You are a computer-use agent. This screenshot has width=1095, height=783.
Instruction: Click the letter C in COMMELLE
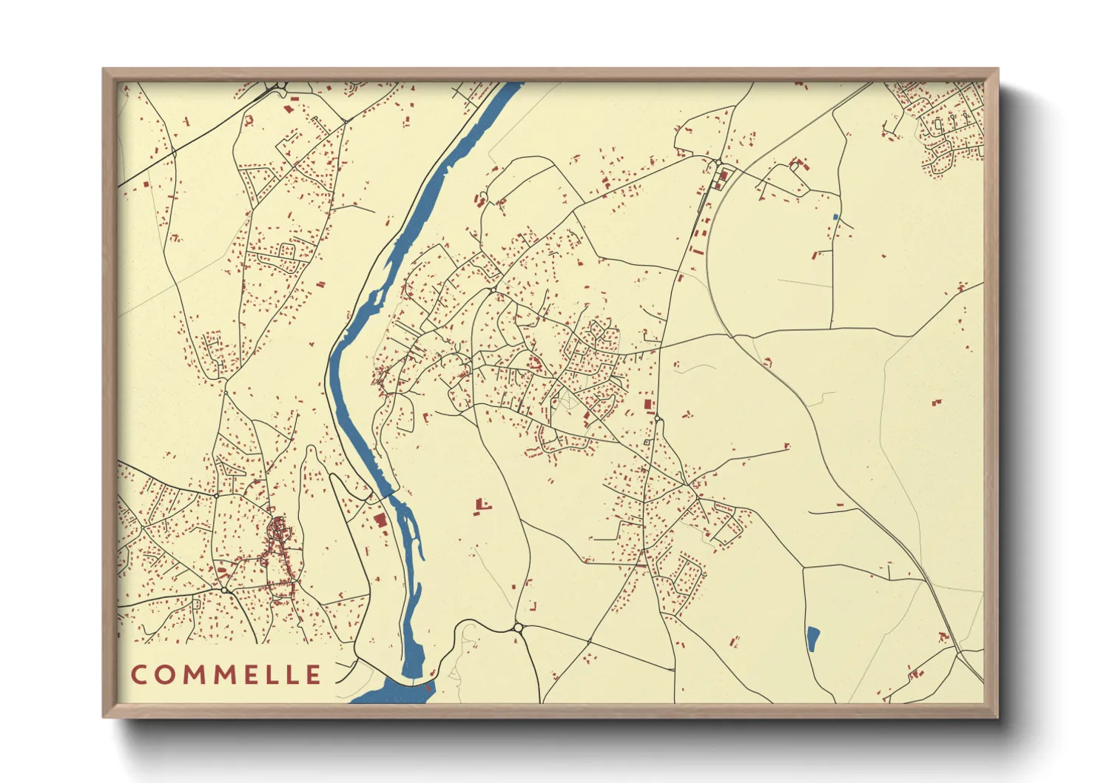(138, 675)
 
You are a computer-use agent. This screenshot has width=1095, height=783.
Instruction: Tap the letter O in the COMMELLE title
(164, 675)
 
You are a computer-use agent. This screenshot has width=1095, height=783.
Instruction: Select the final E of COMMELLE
(313, 675)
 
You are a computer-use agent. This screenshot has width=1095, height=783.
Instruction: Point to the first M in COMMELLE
(193, 675)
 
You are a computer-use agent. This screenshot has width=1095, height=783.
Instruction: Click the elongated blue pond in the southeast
(812, 639)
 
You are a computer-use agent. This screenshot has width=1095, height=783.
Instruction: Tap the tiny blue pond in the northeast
(836, 217)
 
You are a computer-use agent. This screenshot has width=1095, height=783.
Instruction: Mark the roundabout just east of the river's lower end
(518, 628)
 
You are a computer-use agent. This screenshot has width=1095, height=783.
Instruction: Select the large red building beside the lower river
(380, 520)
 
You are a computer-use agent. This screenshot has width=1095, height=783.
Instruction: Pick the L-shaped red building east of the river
(482, 505)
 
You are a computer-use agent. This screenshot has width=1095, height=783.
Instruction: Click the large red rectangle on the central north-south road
(650, 405)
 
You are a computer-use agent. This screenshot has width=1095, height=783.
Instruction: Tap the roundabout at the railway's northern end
(718, 162)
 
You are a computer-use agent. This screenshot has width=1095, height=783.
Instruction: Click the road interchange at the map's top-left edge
(280, 87)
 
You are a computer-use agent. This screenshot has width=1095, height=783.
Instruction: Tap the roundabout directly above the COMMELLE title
(223, 589)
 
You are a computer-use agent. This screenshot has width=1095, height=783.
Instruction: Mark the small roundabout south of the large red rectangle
(657, 420)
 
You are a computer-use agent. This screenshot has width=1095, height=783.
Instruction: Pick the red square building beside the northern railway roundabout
(724, 175)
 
